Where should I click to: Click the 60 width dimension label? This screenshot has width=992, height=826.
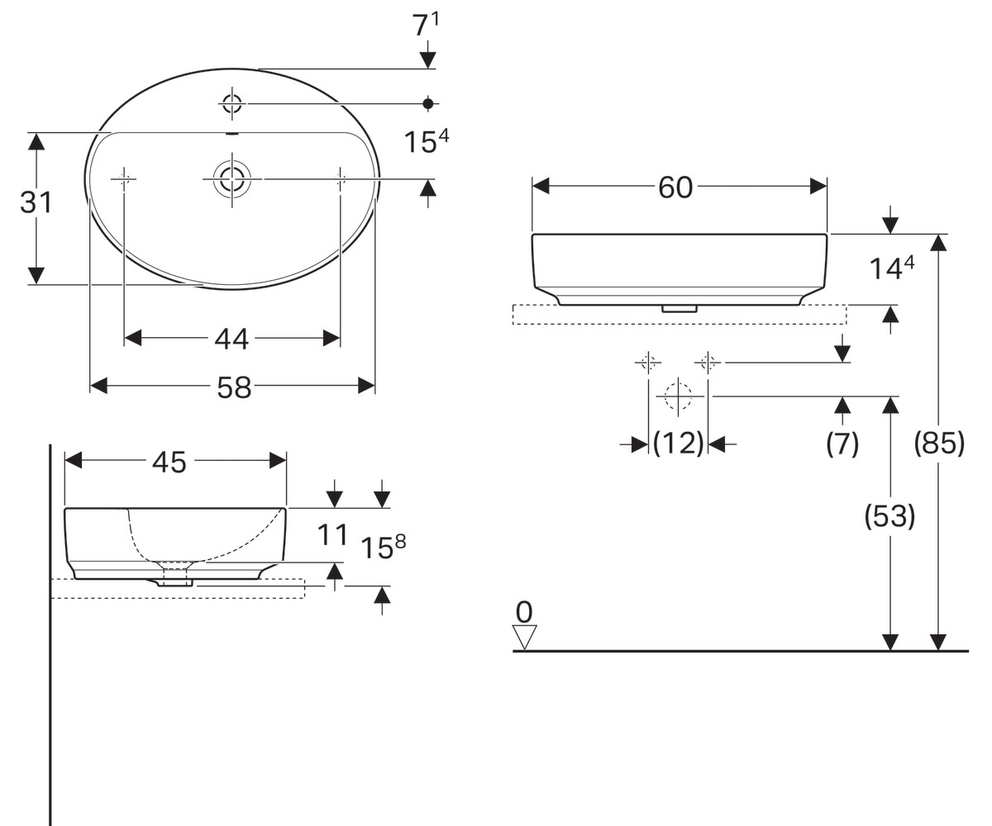pos(675,188)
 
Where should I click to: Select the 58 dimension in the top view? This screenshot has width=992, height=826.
pos(234,387)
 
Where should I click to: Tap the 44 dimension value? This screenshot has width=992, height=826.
pos(231,339)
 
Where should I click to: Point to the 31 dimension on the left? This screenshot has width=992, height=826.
pos(36,202)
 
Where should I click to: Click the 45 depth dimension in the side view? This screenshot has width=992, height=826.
pos(169,462)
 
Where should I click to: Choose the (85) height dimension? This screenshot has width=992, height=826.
pos(939,444)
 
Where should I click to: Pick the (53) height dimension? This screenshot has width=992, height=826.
pos(889,516)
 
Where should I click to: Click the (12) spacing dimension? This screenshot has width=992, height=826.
pos(678,444)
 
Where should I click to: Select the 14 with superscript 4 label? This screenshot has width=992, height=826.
pos(891,268)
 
